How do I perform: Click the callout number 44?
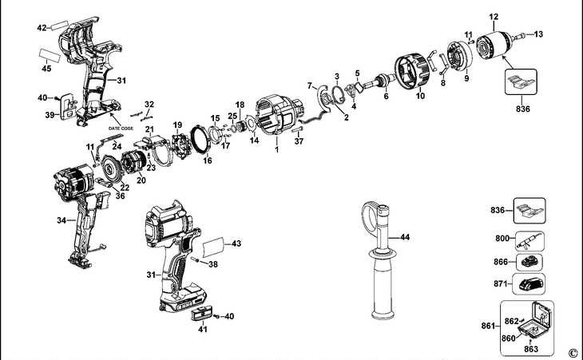tap(405, 238)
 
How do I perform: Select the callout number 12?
tap(494, 16)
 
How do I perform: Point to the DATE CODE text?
tap(122, 127)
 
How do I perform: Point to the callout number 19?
tap(177, 125)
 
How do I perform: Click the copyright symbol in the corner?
tap(572, 352)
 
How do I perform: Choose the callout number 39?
tap(50, 115)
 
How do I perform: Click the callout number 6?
tap(386, 97)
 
